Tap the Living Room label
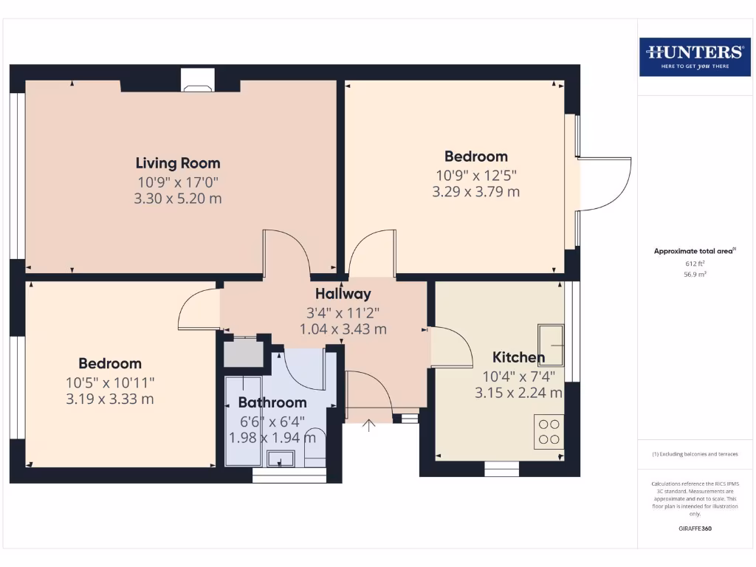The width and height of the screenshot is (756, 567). click(x=178, y=163)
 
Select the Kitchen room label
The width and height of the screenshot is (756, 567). click(x=518, y=358)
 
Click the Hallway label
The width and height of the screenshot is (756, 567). click(x=343, y=294)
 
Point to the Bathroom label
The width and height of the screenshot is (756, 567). click(x=272, y=402)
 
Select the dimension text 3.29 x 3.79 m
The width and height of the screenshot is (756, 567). click(x=475, y=192)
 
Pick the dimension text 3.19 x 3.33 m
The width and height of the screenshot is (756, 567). click(x=109, y=399)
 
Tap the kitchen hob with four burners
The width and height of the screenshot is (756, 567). click(x=549, y=432)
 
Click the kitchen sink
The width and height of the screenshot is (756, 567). click(x=551, y=344)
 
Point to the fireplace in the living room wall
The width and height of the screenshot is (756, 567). click(x=198, y=80)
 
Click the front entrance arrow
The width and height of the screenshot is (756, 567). click(x=369, y=425)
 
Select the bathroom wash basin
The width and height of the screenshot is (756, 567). click(x=280, y=460)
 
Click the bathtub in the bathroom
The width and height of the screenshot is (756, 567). click(x=243, y=420)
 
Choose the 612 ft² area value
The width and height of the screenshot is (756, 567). click(x=695, y=263)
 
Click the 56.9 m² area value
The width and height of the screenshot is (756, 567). click(x=695, y=273)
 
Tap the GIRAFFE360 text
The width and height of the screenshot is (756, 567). click(x=695, y=529)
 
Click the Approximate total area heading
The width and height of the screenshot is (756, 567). click(x=694, y=252)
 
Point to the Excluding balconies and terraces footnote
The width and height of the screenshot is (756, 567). click(x=695, y=454)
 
